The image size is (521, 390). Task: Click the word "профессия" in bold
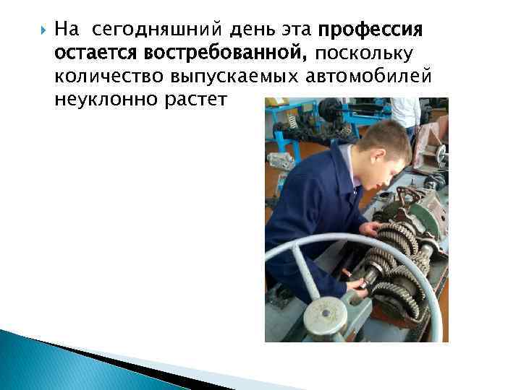point(370,31)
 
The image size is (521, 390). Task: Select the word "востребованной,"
point(226,53)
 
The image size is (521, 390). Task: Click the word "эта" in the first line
point(298,31)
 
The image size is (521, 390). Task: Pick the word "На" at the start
point(66,31)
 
